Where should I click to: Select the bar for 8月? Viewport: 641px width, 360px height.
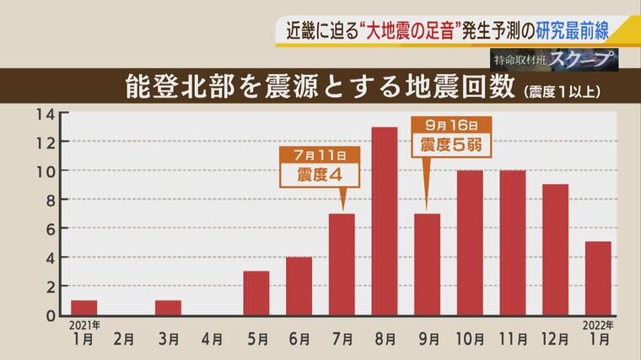(x=385, y=221)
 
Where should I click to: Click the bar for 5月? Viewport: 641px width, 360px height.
(x=256, y=293)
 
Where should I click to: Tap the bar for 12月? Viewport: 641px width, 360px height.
(x=555, y=250)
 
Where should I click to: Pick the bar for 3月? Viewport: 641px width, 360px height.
(x=169, y=307)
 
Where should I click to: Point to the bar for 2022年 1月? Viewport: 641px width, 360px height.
(x=598, y=278)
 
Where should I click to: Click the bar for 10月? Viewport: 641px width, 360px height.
(x=470, y=243)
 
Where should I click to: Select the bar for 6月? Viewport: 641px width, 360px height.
(x=299, y=286)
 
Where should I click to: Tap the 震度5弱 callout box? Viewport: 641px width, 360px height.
(x=450, y=144)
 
